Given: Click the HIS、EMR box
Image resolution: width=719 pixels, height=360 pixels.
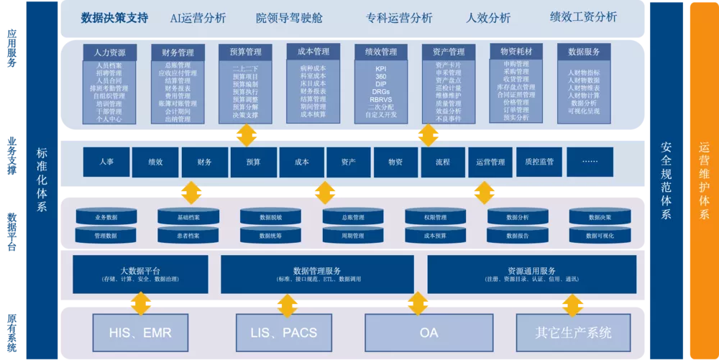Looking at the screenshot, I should coord(141,333).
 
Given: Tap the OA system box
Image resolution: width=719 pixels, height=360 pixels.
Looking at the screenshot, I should coord(428,333).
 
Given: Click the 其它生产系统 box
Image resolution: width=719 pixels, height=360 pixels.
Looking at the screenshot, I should coord(573,333).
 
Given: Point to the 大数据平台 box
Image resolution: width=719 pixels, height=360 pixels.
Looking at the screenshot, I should coord(140,274).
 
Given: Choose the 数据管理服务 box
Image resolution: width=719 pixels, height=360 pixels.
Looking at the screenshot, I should coord(317,274).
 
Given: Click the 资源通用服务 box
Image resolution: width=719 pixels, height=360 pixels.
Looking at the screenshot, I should coord(531,274).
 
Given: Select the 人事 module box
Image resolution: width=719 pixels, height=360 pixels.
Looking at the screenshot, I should coord(107,162).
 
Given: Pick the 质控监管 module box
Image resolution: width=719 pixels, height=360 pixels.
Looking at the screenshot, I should coord(541,162).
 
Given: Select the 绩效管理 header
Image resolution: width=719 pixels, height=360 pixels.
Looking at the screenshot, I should coord(381,52).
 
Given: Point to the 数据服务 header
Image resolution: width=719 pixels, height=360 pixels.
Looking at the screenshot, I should coord(584,52).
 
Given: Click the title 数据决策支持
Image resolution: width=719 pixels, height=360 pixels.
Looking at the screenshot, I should coord(114,18).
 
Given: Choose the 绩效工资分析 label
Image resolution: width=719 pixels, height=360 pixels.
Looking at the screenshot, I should coord(583,17).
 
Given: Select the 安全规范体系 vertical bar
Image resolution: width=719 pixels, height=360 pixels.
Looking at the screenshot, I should coord(667,180).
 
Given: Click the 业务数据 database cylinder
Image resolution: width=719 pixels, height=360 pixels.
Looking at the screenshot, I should coord(106,217).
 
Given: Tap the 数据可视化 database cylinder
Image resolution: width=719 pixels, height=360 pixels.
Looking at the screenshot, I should coord(600,235).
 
